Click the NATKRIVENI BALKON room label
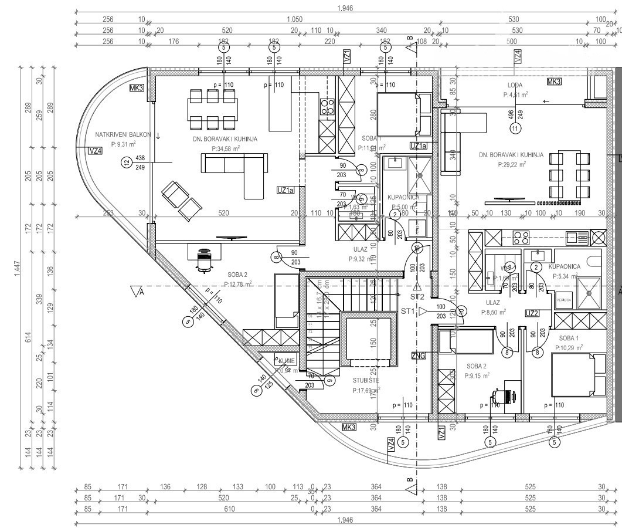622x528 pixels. pos(120,135)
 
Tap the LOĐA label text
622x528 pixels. pos(516,85)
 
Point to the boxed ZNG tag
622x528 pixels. pos(419,355)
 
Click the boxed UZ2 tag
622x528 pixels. pos(532,313)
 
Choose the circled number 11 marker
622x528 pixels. pos(515,127)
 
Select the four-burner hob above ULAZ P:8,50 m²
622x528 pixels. pos(521,237)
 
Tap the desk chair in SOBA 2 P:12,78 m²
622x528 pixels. pos(204,260)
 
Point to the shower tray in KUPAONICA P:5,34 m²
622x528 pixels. pos(589,292)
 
